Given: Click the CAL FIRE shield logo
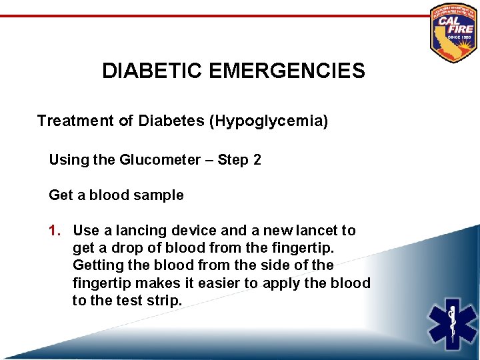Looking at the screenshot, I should [453, 32].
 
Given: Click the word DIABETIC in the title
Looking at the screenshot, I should [153, 71].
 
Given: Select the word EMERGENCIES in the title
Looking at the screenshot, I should [287, 71].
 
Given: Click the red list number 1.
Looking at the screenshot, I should [55, 231].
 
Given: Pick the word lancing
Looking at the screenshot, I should [143, 231].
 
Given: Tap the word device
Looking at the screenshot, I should [195, 231].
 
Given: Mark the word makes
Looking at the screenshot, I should [148, 283].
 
